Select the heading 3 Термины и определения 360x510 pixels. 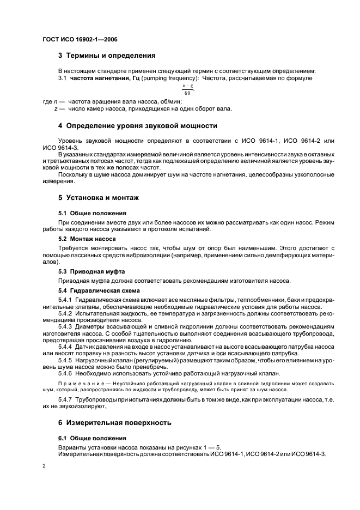coord(107,55)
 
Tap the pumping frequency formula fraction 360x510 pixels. coord(187,88)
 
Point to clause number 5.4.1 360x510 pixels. coord(65,300)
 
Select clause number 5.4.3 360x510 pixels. coord(65,326)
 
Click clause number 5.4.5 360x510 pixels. coord(65,360)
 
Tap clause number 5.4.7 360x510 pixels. coord(65,400)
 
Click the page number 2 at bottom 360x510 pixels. coord(44,466)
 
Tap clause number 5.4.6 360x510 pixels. coord(65,373)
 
